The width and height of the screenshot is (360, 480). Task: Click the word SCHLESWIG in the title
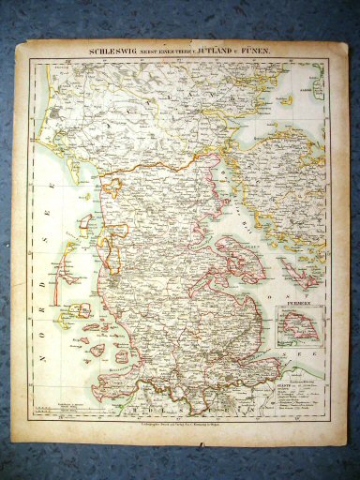coord(113,52)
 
